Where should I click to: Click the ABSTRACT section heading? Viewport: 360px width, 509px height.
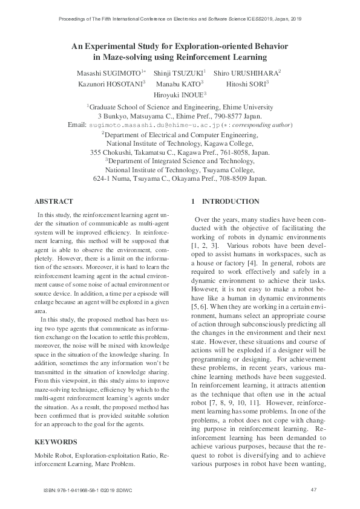click(54, 201)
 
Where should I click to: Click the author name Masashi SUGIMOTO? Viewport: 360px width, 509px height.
click(116, 73)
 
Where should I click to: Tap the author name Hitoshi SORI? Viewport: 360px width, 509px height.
click(247, 83)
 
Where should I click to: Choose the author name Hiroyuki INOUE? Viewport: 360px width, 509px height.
click(180, 95)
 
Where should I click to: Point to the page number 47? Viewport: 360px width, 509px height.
click(313, 489)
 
